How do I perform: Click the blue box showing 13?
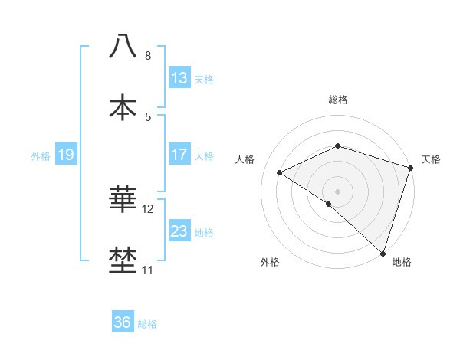coord(179,78)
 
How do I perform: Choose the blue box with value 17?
coord(179,155)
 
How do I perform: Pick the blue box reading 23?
coord(179,231)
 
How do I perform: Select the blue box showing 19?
coord(65,155)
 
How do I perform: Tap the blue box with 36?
coord(122,322)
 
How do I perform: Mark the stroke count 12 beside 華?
coord(148,209)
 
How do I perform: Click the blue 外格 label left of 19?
coord(41,156)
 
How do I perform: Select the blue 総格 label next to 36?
coord(147,324)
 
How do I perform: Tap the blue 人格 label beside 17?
coord(204,156)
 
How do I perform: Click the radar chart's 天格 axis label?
coord(431,159)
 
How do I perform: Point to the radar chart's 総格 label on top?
coord(337,100)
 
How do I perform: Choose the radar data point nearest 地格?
coord(383,254)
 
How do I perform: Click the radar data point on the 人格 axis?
coord(280,173)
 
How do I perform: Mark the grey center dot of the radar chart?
coord(337,191)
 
